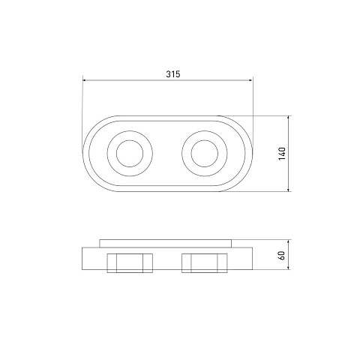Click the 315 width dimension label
pyautogui.click(x=173, y=74)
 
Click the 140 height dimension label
pyautogui.click(x=282, y=154)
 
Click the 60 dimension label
pyautogui.click(x=282, y=256)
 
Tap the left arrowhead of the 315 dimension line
pyautogui.click(x=84, y=80)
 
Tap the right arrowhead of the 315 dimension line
pyautogui.click(x=250, y=80)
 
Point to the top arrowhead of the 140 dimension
pyautogui.click(x=289, y=118)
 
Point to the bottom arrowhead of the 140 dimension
pyautogui.click(x=289, y=190)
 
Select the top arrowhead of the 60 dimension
pyautogui.click(x=289, y=241)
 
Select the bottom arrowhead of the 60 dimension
pyautogui.click(x=289, y=268)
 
